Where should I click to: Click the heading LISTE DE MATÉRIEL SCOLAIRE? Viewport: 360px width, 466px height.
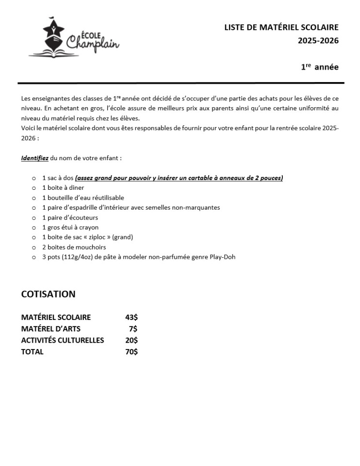(x=281, y=28)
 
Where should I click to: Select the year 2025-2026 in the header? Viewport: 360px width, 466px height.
(x=318, y=41)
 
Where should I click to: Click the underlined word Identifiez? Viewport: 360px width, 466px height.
(x=35, y=158)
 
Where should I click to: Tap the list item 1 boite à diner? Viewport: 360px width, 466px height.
(x=63, y=188)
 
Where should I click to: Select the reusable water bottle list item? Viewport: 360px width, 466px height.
(x=83, y=198)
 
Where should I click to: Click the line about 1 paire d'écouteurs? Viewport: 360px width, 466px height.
(x=70, y=217)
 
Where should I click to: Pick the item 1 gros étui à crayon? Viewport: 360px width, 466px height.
(x=70, y=227)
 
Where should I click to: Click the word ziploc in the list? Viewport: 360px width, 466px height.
(x=94, y=237)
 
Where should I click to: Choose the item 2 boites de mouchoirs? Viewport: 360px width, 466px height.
(x=74, y=247)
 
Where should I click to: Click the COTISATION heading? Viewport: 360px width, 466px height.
(x=48, y=294)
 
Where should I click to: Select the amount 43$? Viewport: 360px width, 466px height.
(x=131, y=317)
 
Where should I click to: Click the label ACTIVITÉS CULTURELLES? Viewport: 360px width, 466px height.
(x=63, y=340)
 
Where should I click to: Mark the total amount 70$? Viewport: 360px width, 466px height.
(x=131, y=352)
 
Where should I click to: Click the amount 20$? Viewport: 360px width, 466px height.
(x=131, y=340)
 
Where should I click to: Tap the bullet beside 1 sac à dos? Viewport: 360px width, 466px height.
(x=33, y=178)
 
